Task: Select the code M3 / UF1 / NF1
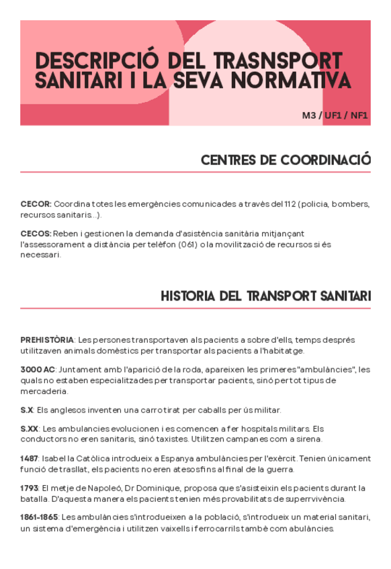coord(335,115)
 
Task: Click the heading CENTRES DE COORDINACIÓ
coord(286,160)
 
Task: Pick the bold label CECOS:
coord(36,234)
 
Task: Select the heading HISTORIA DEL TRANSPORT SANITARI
coord(265,296)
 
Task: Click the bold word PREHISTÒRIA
coord(47,340)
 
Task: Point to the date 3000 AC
coord(38,370)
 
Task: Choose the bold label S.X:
coord(27,410)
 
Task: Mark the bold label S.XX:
coord(30,429)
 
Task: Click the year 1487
coord(29,458)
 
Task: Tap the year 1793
coord(29,488)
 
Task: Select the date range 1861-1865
coord(39,517)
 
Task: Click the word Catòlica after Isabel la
coord(88,458)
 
